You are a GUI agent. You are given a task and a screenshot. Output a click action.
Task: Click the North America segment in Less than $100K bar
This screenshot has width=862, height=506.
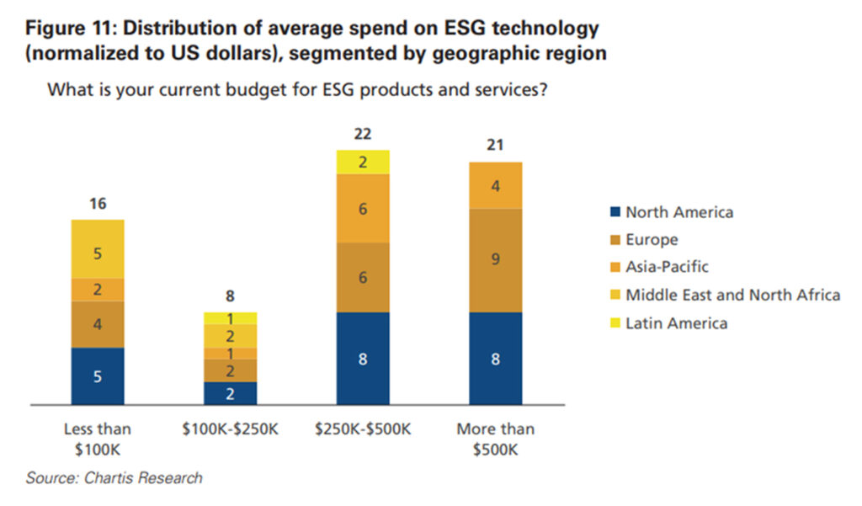(x=98, y=376)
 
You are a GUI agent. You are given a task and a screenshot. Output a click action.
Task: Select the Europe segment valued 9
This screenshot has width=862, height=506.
(x=495, y=259)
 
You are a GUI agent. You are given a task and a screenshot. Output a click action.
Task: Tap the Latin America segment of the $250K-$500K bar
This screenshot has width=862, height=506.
(x=363, y=162)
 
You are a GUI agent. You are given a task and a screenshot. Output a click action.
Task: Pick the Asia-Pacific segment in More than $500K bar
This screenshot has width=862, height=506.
(x=495, y=185)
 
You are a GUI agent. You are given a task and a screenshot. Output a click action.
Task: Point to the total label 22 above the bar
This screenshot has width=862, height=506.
(x=363, y=134)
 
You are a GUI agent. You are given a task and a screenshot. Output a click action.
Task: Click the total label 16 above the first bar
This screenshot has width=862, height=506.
(x=98, y=204)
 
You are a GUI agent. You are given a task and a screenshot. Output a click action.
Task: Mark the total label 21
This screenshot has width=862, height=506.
(x=495, y=146)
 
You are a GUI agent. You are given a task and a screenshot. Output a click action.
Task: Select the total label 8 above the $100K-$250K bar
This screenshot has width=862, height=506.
(x=230, y=296)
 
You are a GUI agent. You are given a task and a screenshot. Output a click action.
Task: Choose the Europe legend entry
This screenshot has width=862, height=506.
(x=652, y=240)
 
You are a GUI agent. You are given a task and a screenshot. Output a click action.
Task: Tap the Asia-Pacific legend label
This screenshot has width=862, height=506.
(x=667, y=267)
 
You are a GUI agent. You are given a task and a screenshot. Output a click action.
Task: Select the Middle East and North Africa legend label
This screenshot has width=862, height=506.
(x=732, y=295)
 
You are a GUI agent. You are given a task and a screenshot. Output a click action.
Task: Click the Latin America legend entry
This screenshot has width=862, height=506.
(x=676, y=322)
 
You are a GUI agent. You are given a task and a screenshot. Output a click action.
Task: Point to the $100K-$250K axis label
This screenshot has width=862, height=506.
(x=230, y=429)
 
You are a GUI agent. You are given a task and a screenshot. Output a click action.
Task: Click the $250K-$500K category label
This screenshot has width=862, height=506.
(x=363, y=429)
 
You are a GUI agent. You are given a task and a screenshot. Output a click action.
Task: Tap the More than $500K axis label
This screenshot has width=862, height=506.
(x=495, y=439)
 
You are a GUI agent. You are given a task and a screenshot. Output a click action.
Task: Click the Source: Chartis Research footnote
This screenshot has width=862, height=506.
(x=114, y=478)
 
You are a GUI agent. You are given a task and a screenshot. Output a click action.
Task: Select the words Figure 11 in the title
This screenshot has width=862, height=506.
(x=75, y=28)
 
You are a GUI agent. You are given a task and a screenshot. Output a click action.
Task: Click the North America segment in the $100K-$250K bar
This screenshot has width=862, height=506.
(x=230, y=393)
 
